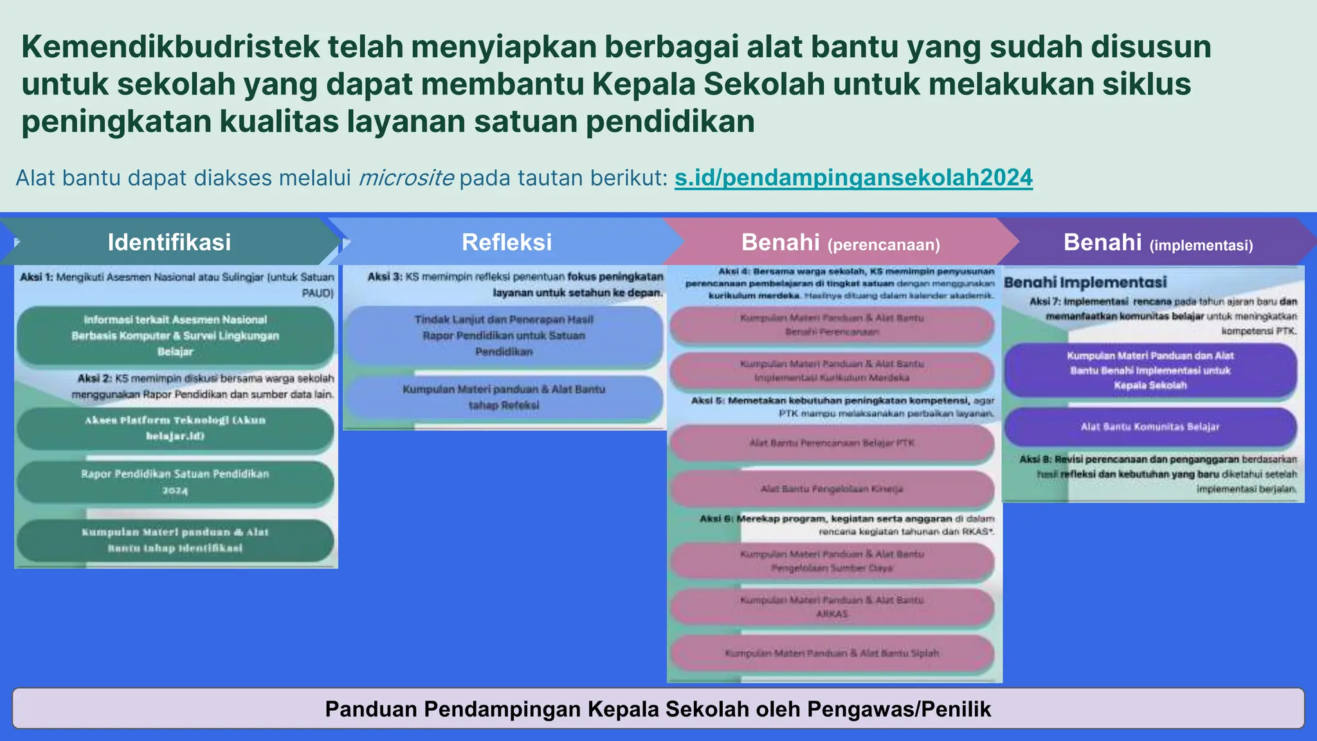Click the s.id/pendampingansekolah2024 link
click(x=853, y=178)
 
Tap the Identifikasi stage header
click(x=169, y=242)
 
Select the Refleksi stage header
click(x=507, y=242)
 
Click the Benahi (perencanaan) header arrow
click(x=840, y=242)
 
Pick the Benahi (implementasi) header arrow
click(x=1158, y=242)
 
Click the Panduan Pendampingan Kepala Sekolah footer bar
click(x=658, y=708)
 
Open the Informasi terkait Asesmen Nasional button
click(x=175, y=336)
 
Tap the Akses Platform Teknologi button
click(x=175, y=428)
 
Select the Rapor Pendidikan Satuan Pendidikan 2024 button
click(x=175, y=482)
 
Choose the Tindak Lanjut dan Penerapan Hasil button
click(x=504, y=336)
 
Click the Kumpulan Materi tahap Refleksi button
click(x=504, y=397)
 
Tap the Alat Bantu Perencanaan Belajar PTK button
click(x=831, y=443)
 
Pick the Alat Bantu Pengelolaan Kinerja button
click(x=831, y=489)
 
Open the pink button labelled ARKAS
click(x=831, y=607)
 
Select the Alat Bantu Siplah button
click(x=831, y=654)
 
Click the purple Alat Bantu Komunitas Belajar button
click(x=1150, y=426)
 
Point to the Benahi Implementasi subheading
click(x=1085, y=282)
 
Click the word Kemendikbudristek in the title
click(x=170, y=47)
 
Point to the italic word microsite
click(x=406, y=178)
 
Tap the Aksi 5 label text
click(x=707, y=401)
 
